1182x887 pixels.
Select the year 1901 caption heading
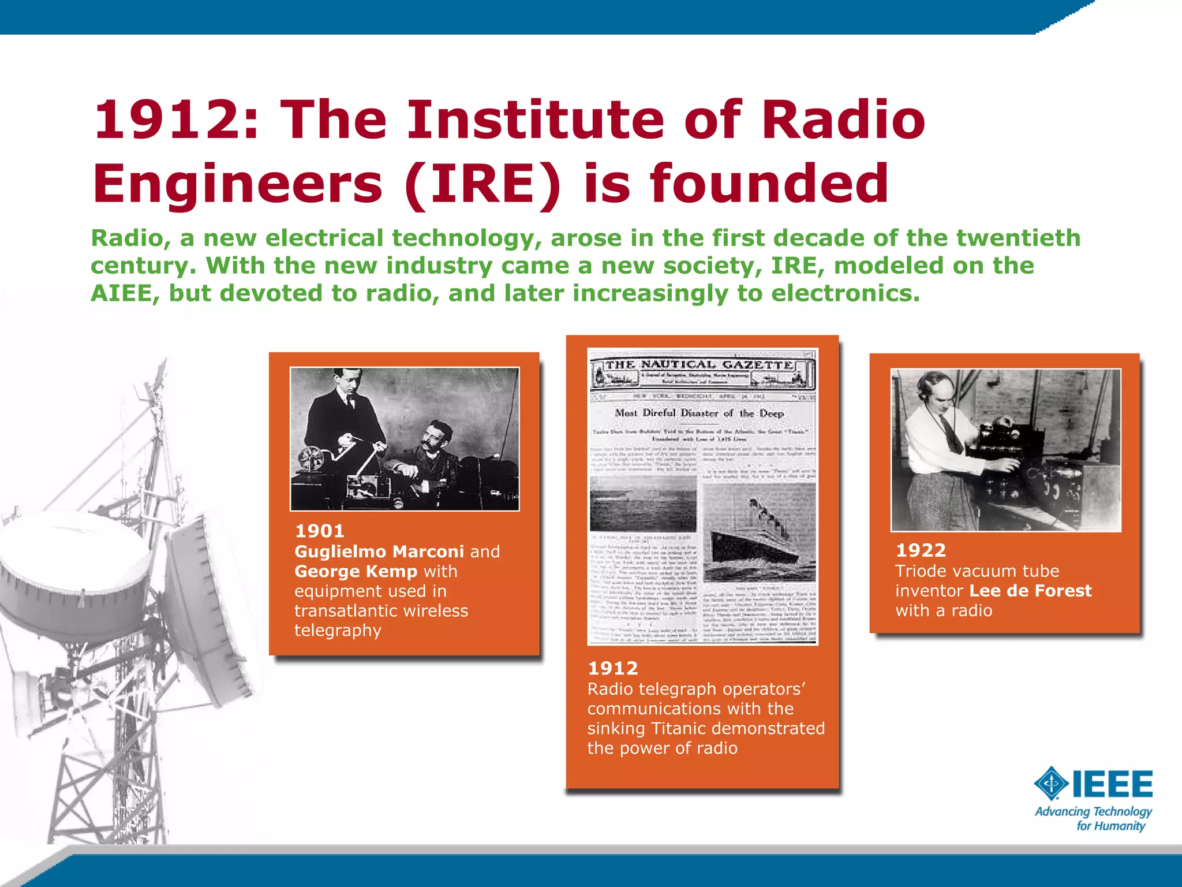coord(319,531)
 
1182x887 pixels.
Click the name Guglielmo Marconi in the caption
coord(379,551)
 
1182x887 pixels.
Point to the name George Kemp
coord(356,571)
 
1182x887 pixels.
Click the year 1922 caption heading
coord(921,550)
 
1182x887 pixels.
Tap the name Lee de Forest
coord(1030,591)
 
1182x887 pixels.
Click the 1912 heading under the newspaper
coord(612,668)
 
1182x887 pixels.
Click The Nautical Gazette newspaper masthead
coord(700,365)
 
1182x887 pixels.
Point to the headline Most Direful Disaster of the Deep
coord(699,413)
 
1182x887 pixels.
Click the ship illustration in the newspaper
coord(756,534)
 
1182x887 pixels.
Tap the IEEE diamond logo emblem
coord(1051,784)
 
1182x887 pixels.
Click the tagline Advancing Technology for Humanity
coord(1094,818)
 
